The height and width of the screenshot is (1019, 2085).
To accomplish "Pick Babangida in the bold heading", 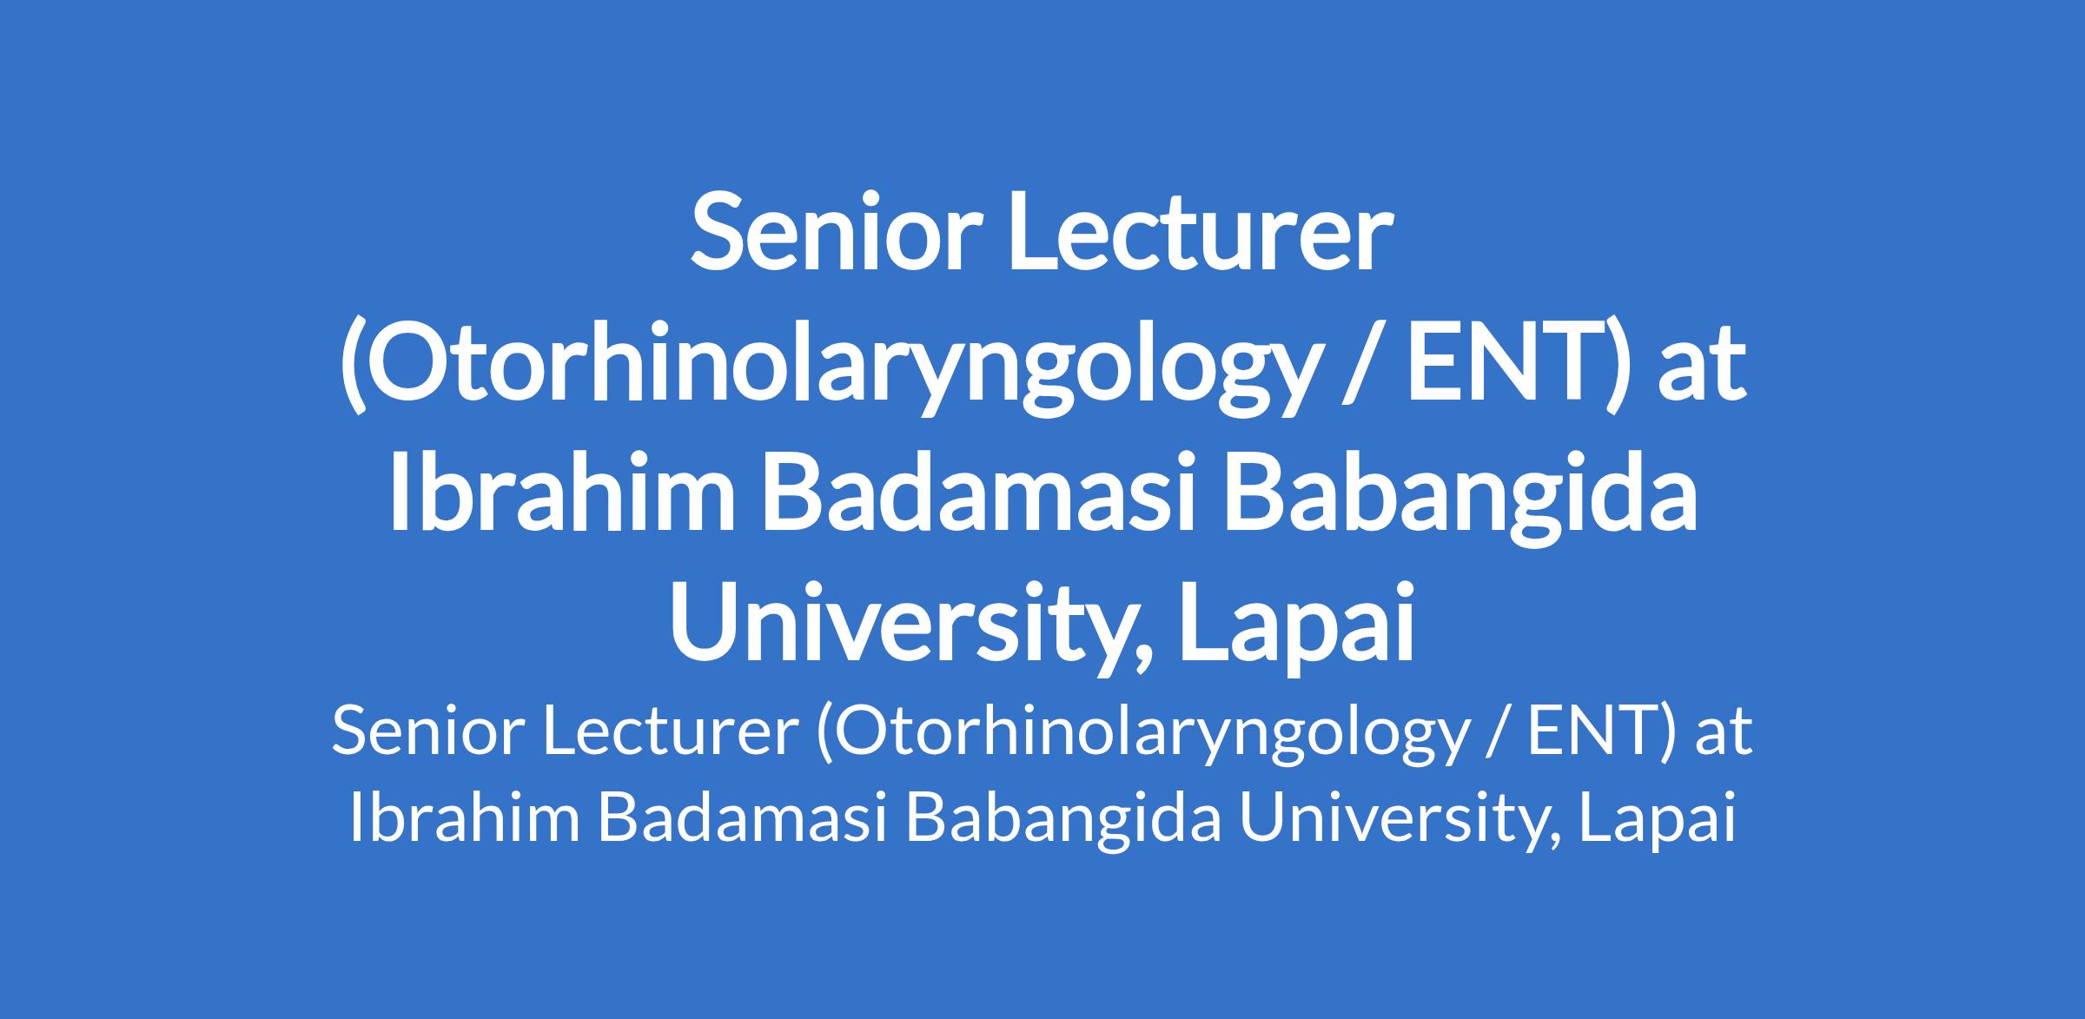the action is click(1460, 500).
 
